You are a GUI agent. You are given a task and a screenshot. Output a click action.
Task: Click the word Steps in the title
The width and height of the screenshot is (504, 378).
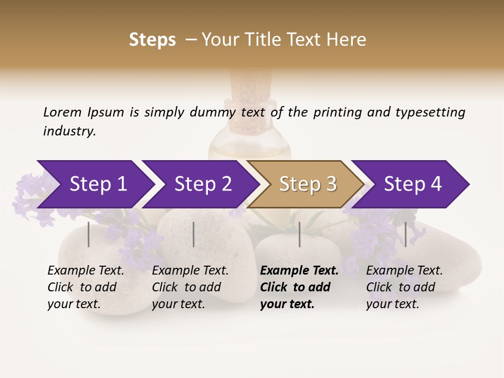152,40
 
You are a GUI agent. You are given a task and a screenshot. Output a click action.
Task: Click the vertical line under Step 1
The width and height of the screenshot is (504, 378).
89,234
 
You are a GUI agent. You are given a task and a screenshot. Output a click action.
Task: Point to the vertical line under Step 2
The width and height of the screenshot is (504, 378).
194,234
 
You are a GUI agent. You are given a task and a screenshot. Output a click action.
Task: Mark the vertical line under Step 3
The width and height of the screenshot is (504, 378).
300,234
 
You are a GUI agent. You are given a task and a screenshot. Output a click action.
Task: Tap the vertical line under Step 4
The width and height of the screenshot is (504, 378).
406,234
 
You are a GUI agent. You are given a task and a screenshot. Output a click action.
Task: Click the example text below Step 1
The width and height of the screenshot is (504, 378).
86,287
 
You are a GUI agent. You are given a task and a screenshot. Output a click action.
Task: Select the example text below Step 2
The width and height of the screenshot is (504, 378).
190,287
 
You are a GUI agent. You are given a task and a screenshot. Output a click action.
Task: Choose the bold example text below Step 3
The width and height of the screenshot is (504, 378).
299,287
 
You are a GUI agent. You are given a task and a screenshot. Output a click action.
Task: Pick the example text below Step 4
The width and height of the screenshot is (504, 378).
404,287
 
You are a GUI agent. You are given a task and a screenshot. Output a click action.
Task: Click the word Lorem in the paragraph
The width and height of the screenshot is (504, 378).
62,112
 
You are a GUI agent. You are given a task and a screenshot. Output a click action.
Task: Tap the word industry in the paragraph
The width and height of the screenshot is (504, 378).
69,131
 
